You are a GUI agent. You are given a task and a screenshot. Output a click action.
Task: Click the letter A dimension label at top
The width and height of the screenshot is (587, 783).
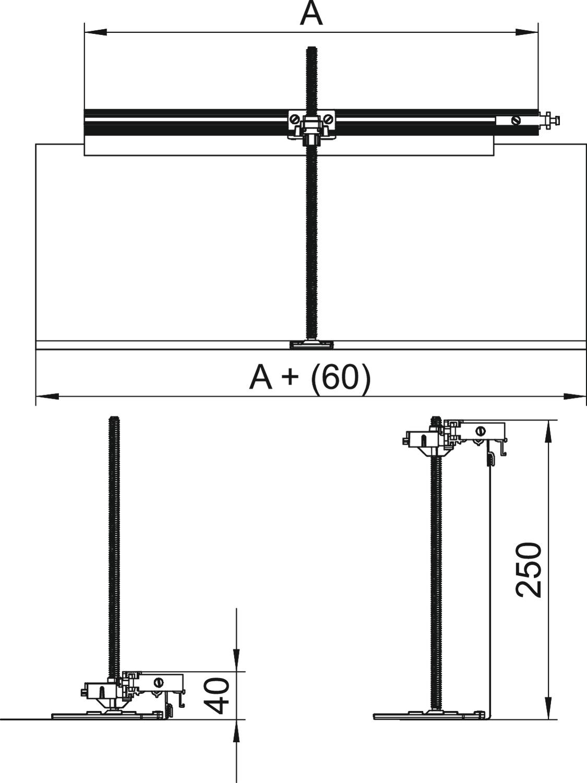click(x=311, y=14)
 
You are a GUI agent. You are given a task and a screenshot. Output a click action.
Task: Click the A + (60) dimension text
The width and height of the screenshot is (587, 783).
click(x=310, y=378)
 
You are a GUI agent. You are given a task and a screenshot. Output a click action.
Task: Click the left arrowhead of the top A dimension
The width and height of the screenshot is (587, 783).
click(x=95, y=32)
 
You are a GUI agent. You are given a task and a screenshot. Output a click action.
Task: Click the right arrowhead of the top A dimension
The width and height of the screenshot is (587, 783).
click(x=527, y=32)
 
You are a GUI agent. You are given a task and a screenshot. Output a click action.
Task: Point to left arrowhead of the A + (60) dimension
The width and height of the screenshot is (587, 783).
click(x=47, y=396)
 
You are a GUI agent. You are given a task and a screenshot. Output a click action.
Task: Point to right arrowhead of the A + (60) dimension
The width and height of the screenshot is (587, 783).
click(x=574, y=396)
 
